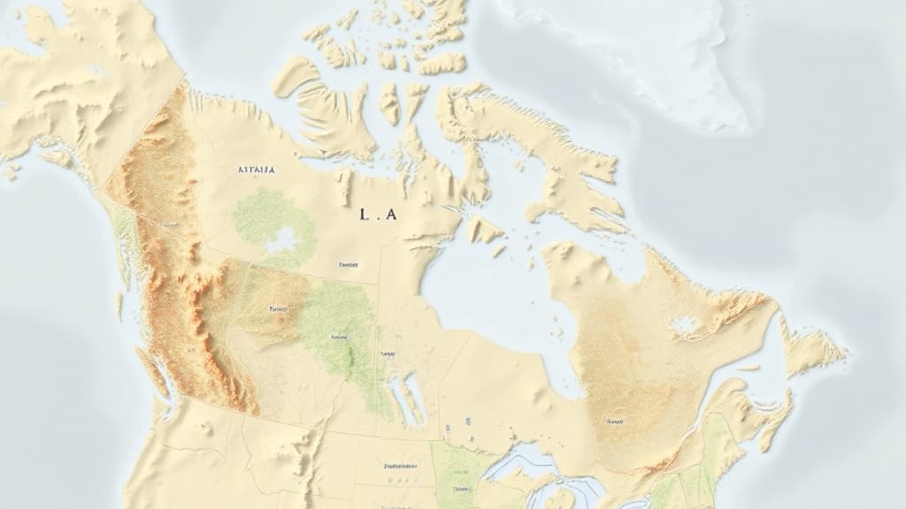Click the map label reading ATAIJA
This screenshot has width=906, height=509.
pyautogui.click(x=257, y=168)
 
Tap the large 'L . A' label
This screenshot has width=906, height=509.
pyautogui.click(x=378, y=215)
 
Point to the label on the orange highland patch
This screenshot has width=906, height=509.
pyautogui.click(x=278, y=309)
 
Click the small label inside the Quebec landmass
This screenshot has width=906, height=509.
pyautogui.click(x=613, y=422)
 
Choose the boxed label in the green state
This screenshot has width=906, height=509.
pyautogui.click(x=461, y=487)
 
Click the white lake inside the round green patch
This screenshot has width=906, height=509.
pyautogui.click(x=283, y=238)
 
